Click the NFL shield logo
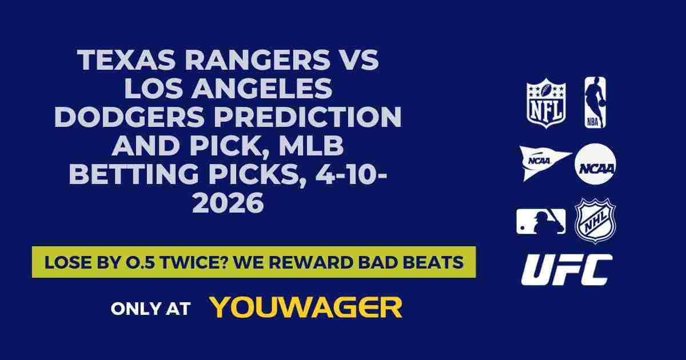(546, 103)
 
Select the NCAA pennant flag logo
(544, 162)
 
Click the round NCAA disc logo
(595, 164)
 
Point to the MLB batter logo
(541, 221)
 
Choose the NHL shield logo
(595, 221)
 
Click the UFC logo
(567, 270)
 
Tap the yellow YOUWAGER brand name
(306, 307)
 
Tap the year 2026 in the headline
(228, 203)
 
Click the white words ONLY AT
(150, 309)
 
